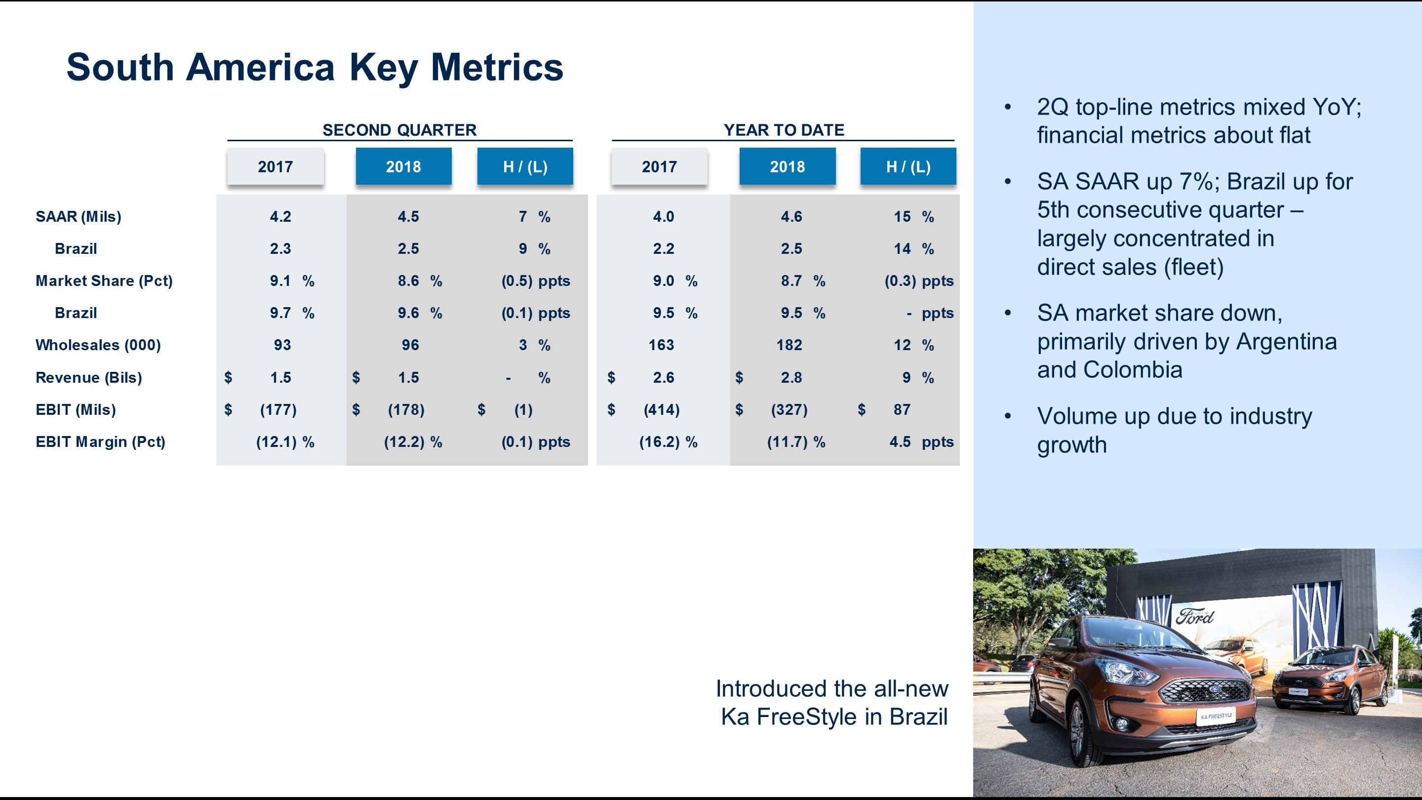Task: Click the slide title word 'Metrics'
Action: click(497, 67)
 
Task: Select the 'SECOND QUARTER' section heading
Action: click(399, 130)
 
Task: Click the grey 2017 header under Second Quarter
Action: click(275, 166)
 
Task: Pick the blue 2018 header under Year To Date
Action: click(787, 166)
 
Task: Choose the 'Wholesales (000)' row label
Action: click(98, 345)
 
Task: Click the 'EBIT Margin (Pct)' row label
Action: click(100, 441)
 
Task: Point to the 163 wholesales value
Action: click(661, 345)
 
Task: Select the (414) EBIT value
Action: click(661, 410)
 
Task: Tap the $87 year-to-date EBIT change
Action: click(901, 410)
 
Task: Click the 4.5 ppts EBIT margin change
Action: click(920, 441)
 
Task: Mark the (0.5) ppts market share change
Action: click(535, 281)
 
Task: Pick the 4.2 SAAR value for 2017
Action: click(280, 216)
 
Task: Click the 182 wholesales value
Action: click(789, 345)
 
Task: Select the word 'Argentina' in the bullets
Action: click(1286, 342)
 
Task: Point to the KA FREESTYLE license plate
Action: click(1216, 716)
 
